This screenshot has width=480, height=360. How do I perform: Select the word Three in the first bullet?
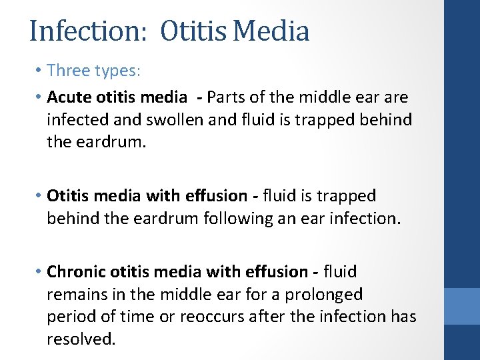point(69,70)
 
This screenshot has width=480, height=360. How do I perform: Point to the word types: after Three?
point(117,70)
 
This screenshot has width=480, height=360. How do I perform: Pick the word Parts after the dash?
point(227,98)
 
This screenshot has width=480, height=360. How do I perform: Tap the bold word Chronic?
point(76,272)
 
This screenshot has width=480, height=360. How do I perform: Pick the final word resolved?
point(81,339)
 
